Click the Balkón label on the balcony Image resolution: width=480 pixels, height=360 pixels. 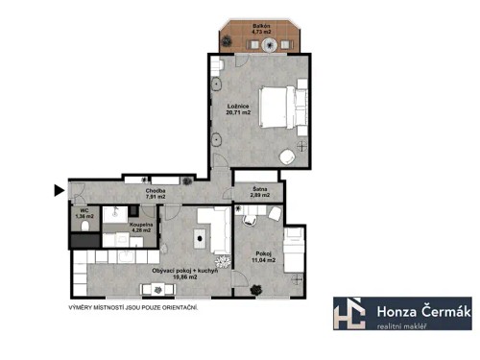click(x=260, y=24)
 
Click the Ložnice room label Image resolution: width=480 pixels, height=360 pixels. click(x=239, y=106)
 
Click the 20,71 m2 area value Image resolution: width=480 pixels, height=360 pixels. click(x=239, y=113)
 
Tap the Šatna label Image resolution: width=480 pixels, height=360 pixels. click(x=259, y=188)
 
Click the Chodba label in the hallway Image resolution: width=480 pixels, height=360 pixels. click(x=156, y=191)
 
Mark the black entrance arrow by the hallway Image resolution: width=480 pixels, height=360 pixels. click(x=59, y=189)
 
